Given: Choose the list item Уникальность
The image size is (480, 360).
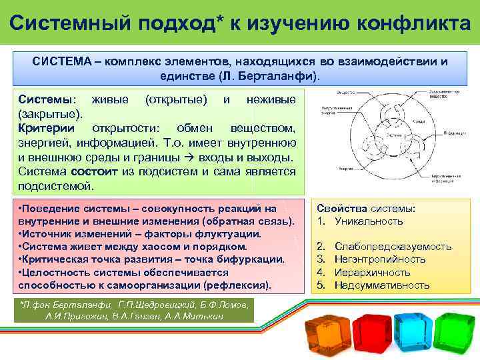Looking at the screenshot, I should (x=369, y=221).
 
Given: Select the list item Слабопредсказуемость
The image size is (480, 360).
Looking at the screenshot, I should (x=393, y=247).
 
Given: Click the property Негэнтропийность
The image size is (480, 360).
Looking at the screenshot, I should (x=380, y=259).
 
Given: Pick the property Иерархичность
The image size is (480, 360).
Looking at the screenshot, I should (x=372, y=273).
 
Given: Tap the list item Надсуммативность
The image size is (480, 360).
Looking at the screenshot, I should (x=382, y=285).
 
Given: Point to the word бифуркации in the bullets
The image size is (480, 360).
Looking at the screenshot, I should (x=252, y=259).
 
